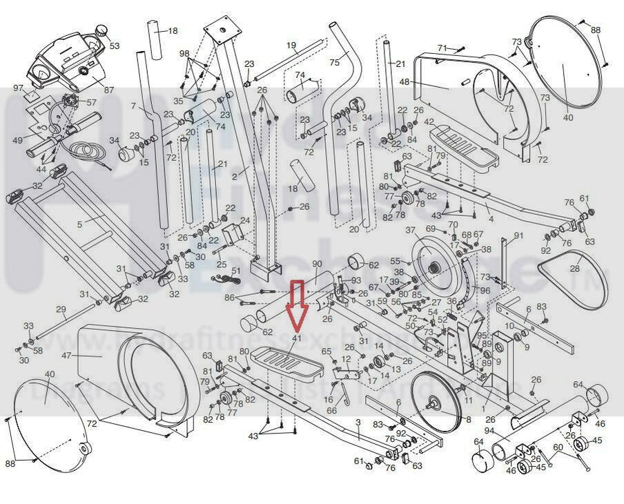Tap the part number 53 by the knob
115,46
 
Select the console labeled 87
66,66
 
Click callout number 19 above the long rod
292,45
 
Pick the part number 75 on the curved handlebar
335,62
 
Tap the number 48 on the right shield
404,82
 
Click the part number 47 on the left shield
67,356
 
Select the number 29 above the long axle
60,309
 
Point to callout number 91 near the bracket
518,235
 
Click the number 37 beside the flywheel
411,230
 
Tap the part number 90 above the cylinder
318,264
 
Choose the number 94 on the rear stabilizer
489,431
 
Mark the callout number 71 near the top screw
442,47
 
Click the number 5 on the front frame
79,224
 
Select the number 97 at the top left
19,88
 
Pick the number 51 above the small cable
235,271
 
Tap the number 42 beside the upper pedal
429,122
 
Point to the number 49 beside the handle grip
18,140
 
